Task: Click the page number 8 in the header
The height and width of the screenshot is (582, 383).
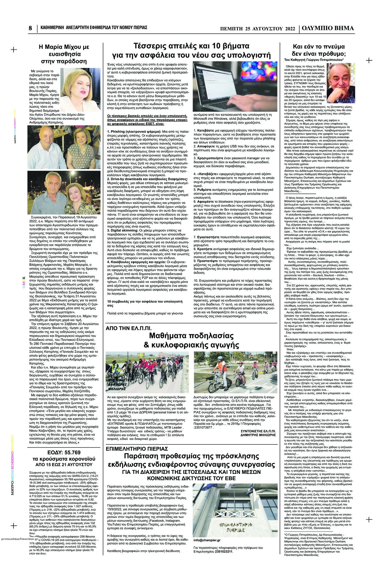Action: [30, 28]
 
